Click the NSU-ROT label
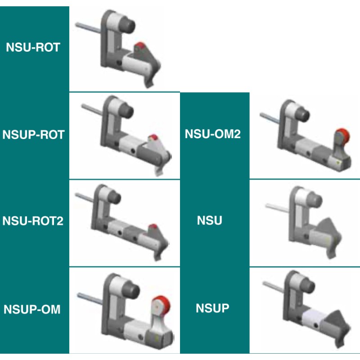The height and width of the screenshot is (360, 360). pos(33,47)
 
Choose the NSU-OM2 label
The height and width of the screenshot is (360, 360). pos(213,134)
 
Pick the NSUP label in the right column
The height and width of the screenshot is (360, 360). pos(212,308)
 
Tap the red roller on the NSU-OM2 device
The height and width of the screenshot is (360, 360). pos(342,135)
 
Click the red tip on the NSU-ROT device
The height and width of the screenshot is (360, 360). pos(141,45)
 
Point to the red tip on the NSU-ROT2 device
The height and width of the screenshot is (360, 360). pos(153,226)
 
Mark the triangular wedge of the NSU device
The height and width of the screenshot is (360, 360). pos(330,229)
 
